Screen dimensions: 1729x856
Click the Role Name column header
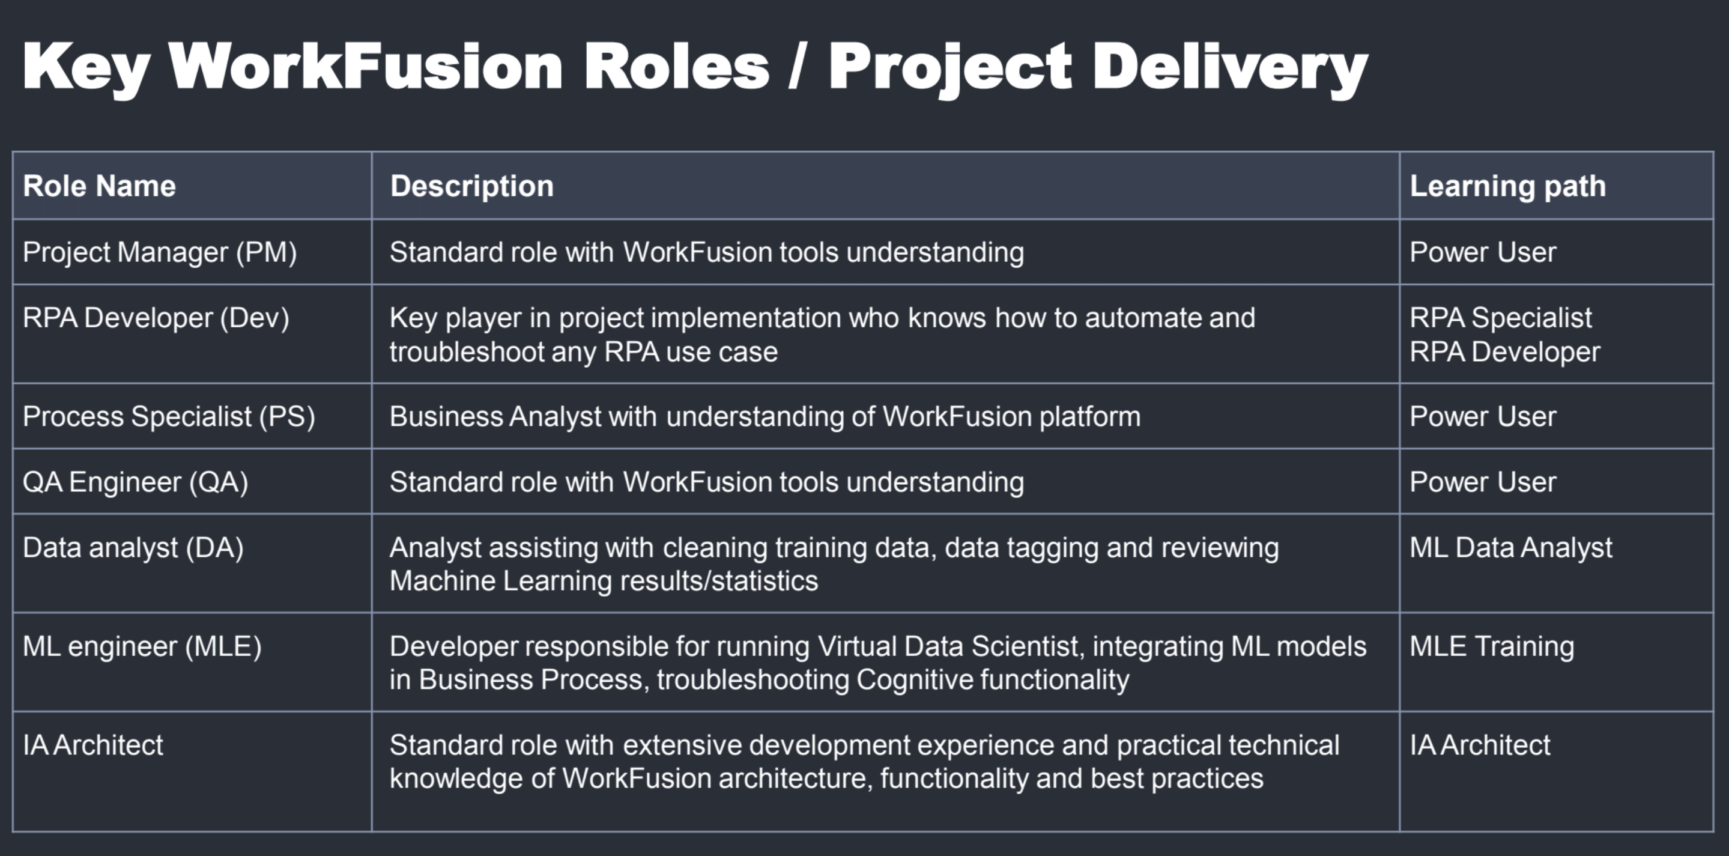point(99,186)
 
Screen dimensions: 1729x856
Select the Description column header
point(472,186)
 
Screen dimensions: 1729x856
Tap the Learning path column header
point(1507,187)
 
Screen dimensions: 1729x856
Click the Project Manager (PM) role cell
point(160,252)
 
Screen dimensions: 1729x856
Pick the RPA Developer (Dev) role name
point(156,318)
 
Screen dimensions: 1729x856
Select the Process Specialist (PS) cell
point(169,416)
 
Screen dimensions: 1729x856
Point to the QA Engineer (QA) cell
point(135,482)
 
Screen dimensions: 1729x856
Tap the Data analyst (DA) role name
point(133,548)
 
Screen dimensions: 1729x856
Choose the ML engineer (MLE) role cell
point(142,646)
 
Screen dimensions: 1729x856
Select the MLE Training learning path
point(1491,646)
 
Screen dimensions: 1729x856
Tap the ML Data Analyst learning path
point(1511,548)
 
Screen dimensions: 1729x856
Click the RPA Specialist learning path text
point(1501,318)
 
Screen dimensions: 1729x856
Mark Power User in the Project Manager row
point(1483,252)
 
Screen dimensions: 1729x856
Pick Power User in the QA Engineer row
point(1483,482)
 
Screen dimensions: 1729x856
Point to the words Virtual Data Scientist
point(949,646)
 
